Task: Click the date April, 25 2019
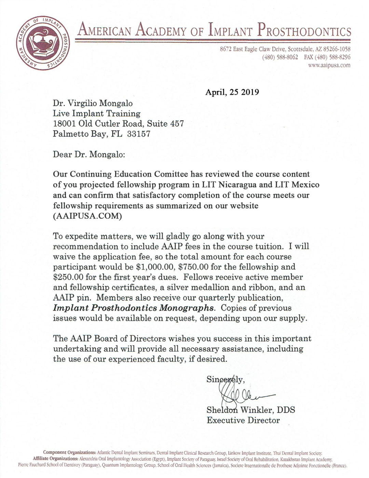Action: (232, 92)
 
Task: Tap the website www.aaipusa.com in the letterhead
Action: (329, 65)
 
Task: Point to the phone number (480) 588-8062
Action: (280, 57)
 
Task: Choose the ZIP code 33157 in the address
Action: (138, 134)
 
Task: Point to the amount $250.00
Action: (68, 277)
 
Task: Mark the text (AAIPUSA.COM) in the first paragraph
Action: (87, 216)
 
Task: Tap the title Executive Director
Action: (243, 420)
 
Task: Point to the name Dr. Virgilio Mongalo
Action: (93, 103)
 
